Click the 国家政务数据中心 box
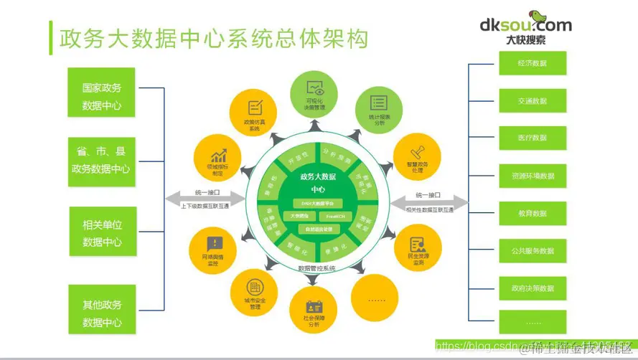pyautogui.click(x=102, y=96)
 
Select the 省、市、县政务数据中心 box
pyautogui.click(x=102, y=161)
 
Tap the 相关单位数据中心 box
pyautogui.click(x=102, y=232)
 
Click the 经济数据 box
pyautogui.click(x=533, y=63)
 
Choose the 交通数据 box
pyautogui.click(x=533, y=101)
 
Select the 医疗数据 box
pyautogui.click(x=533, y=138)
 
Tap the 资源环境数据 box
pyautogui.click(x=533, y=176)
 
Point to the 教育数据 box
pyautogui.click(x=533, y=213)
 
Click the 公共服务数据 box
pyautogui.click(x=533, y=251)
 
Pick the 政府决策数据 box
pyautogui.click(x=533, y=288)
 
